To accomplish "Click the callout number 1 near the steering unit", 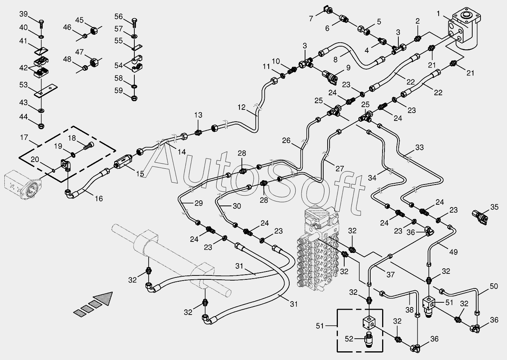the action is click(438, 14).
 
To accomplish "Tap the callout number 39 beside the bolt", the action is click(24, 14).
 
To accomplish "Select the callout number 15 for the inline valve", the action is click(140, 174).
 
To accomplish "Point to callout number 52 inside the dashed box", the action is click(349, 339).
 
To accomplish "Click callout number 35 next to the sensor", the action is click(494, 207).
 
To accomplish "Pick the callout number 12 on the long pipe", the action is click(242, 107).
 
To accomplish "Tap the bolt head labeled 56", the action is click(134, 21).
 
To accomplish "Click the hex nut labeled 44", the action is click(41, 126).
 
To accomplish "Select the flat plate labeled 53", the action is click(45, 91).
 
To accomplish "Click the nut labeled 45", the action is click(94, 30).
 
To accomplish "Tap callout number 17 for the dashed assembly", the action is click(24, 138).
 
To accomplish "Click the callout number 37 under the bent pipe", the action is click(390, 275).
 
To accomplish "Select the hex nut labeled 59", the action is click(134, 98).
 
